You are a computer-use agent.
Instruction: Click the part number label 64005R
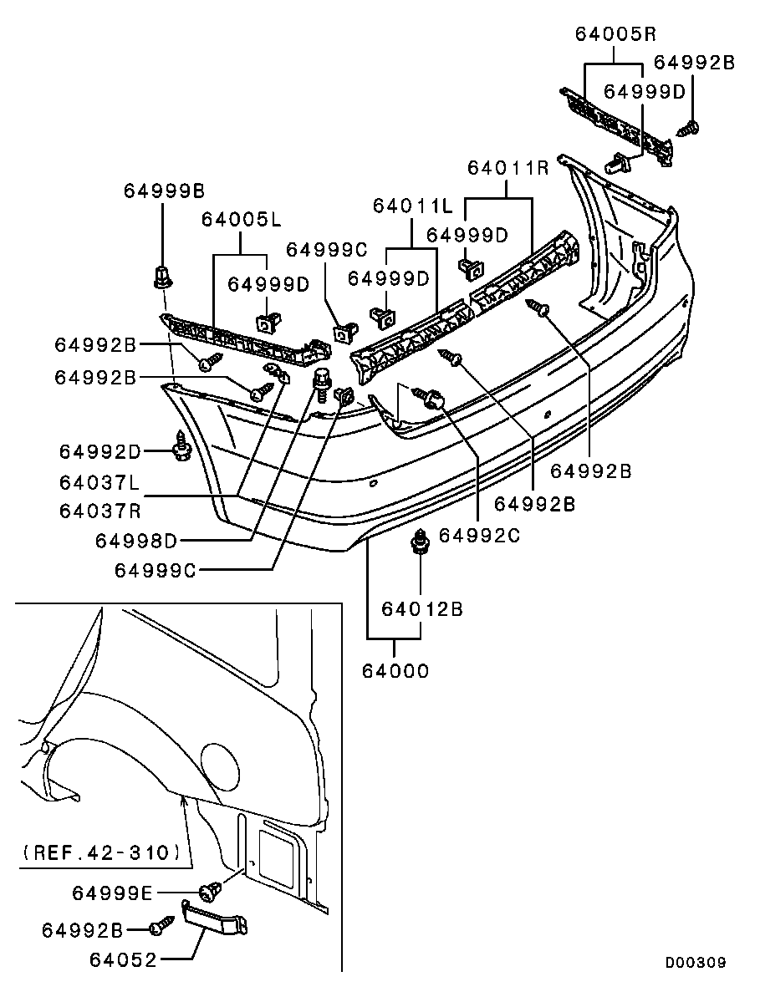[615, 34]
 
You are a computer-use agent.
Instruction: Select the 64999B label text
[164, 191]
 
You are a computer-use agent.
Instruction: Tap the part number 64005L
[240, 220]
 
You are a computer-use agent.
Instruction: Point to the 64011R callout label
[508, 167]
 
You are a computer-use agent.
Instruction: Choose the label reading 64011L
[412, 205]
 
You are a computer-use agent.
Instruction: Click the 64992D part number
[100, 451]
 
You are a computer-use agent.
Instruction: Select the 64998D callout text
[136, 541]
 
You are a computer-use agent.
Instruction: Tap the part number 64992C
[479, 535]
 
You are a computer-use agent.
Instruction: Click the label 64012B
[422, 608]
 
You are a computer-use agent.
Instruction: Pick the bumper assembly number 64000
[395, 670]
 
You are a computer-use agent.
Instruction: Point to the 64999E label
[112, 893]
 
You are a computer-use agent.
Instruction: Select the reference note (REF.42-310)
[99, 853]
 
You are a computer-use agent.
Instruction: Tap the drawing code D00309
[696, 963]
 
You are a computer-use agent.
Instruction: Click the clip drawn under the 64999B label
[163, 276]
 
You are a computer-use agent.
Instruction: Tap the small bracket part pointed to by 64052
[216, 920]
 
